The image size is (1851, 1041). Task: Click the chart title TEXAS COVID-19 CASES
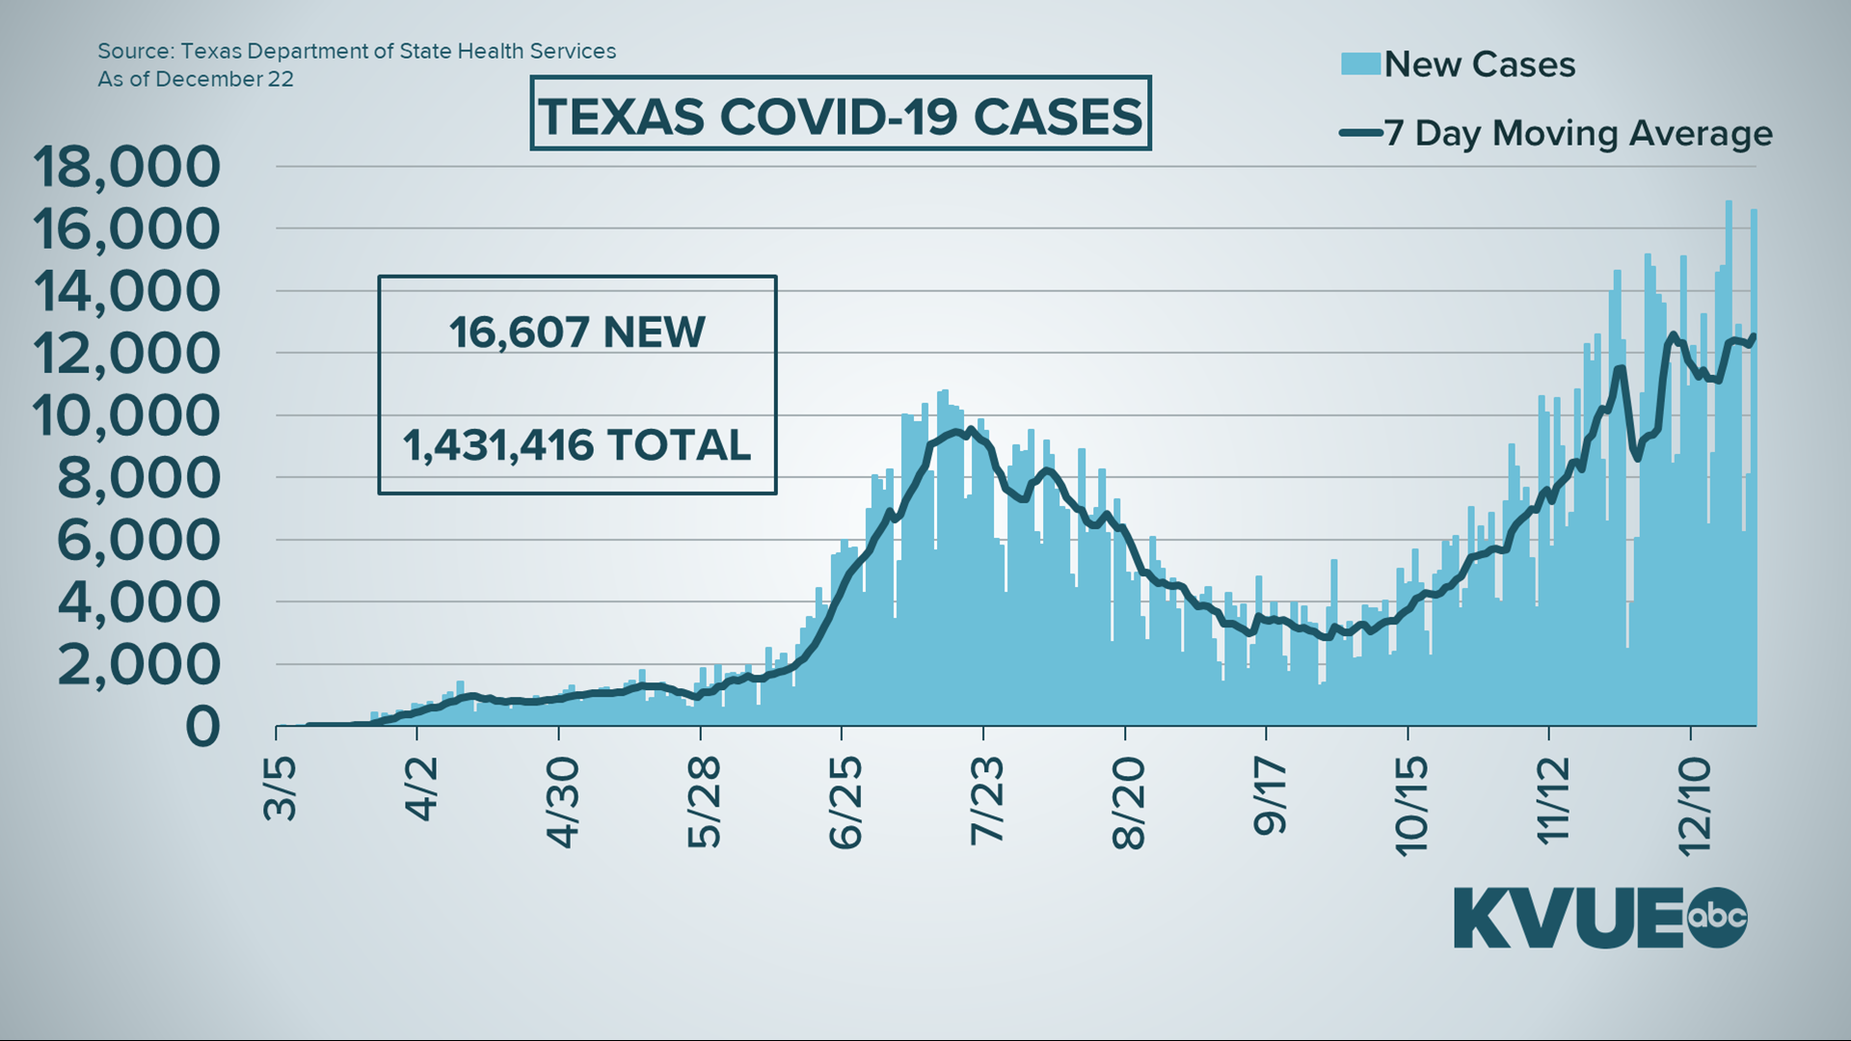(x=841, y=117)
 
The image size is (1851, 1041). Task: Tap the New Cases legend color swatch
(x=1360, y=64)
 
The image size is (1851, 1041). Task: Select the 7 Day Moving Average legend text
(x=1578, y=133)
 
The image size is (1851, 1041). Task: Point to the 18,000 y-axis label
(x=126, y=167)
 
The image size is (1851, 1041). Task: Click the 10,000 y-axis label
(x=126, y=415)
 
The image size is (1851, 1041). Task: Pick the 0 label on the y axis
(x=202, y=727)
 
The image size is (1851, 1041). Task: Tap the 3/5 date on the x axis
(x=281, y=788)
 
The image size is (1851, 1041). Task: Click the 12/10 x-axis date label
(x=1694, y=806)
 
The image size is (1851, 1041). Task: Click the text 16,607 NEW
(x=577, y=333)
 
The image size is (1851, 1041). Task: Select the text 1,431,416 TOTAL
(x=577, y=445)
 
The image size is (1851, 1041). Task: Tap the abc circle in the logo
(x=1716, y=917)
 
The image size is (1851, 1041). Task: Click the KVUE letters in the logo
(x=1569, y=918)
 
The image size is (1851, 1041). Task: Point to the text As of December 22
(x=196, y=79)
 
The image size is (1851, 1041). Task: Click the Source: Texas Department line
(x=357, y=51)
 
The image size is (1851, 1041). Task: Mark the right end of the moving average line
(x=1753, y=336)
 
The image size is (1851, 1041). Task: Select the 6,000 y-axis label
(x=138, y=540)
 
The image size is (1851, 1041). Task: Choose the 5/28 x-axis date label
(x=705, y=801)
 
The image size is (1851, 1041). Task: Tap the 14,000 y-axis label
(x=126, y=291)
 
